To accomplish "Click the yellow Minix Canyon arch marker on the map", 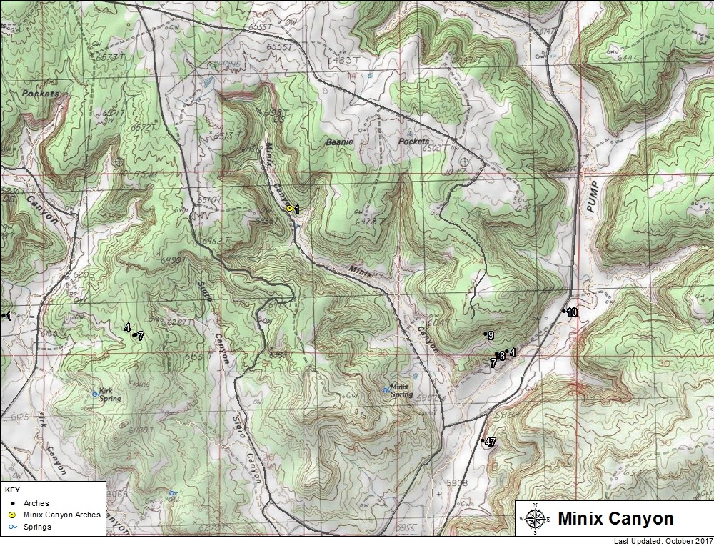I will (x=289, y=208).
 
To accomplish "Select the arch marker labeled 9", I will (x=486, y=334).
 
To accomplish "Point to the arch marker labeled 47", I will (x=483, y=440).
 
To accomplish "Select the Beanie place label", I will (x=339, y=142).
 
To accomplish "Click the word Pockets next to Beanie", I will (x=413, y=142).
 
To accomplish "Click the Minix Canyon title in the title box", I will (x=615, y=518).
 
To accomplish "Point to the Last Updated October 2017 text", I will (x=663, y=541).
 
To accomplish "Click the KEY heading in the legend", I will (x=12, y=491).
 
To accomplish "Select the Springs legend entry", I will (x=37, y=527).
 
